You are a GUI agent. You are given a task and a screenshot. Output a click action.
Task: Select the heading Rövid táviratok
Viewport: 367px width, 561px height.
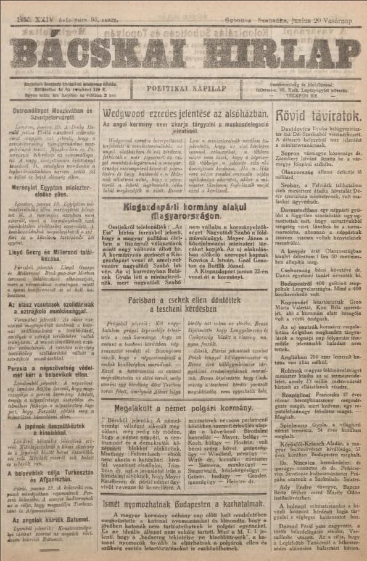(x=322, y=115)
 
